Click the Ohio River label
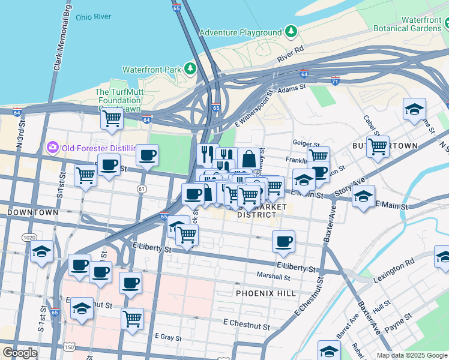tap(94, 17)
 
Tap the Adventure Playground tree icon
tap(291, 31)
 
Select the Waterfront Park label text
tap(152, 70)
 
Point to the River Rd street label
tap(291, 55)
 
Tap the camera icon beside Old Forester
tap(52, 147)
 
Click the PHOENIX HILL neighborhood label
tap(265, 293)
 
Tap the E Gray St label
tap(168, 338)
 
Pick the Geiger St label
tap(305, 143)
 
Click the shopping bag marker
tap(249, 159)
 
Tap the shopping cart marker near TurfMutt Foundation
tap(112, 118)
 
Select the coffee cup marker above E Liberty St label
tap(283, 242)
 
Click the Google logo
tap(20, 353)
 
